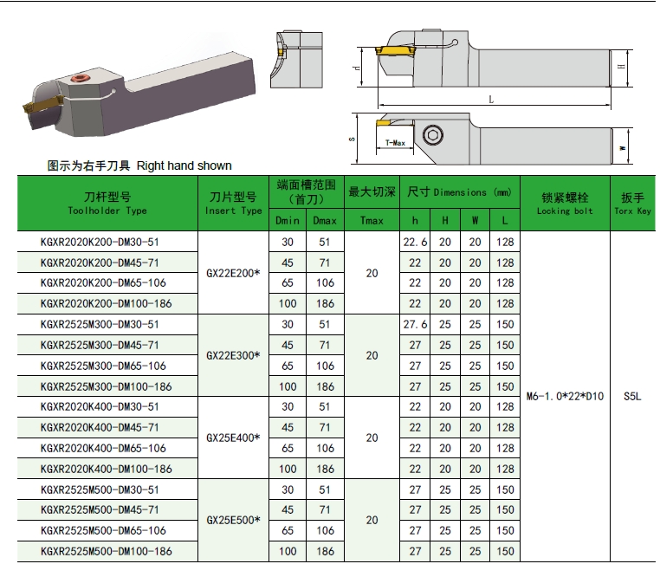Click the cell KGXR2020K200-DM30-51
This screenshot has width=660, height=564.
(100, 242)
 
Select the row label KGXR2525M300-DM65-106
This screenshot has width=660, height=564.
(103, 366)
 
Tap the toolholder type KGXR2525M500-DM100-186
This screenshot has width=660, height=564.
(107, 551)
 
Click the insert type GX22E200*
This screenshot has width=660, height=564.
(234, 273)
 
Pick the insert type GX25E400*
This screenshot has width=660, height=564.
(234, 438)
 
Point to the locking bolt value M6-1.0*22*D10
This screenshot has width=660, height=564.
(565, 397)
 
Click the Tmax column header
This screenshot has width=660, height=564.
(372, 221)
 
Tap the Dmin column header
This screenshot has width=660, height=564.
(288, 221)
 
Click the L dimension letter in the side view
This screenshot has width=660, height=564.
(491, 100)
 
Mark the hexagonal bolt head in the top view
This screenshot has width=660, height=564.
(431, 137)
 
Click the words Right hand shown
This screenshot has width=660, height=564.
(184, 165)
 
